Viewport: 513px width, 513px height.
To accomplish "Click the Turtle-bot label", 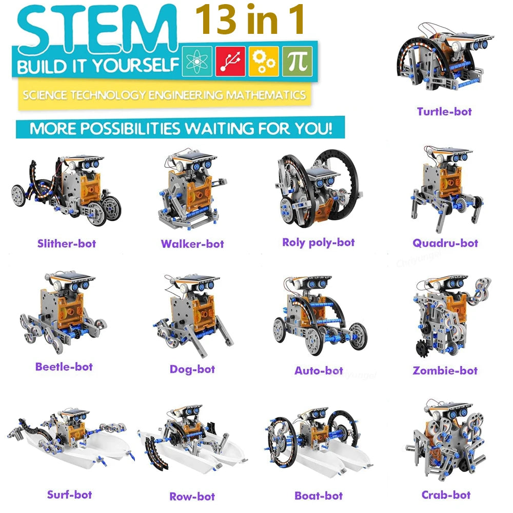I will pos(444,111).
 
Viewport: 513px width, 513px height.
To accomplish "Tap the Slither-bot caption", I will pos(67,243).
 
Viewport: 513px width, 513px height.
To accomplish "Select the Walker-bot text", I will pos(192,244).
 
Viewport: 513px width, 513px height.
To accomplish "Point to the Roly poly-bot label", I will pos(319,242).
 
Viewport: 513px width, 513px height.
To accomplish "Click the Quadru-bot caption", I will pos(445,243).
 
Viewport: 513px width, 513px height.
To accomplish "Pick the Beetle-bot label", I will pos(64,367).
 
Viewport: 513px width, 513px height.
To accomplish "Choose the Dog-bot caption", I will pos(192,369).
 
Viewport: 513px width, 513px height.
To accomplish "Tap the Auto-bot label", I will pos(319,370).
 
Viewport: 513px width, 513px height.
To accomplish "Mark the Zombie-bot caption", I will pos(445,370).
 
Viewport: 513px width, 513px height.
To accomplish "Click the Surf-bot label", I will pos(69,495).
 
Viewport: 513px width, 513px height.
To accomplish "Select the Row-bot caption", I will pos(192,496).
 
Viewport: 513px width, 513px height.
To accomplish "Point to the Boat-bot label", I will pos(319,496).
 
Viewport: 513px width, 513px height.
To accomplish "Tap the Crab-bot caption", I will pos(446,495).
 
